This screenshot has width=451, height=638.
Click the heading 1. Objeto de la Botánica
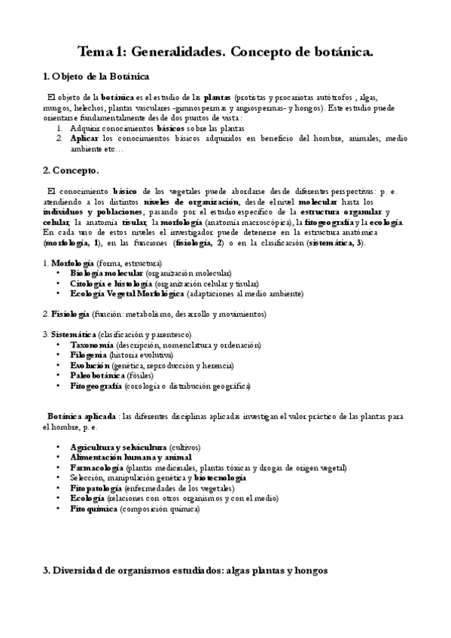[x=96, y=77]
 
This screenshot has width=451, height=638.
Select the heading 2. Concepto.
[x=71, y=171]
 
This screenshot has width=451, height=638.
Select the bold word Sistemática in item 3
[x=74, y=334]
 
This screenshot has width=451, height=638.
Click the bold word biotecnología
[x=219, y=478]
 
